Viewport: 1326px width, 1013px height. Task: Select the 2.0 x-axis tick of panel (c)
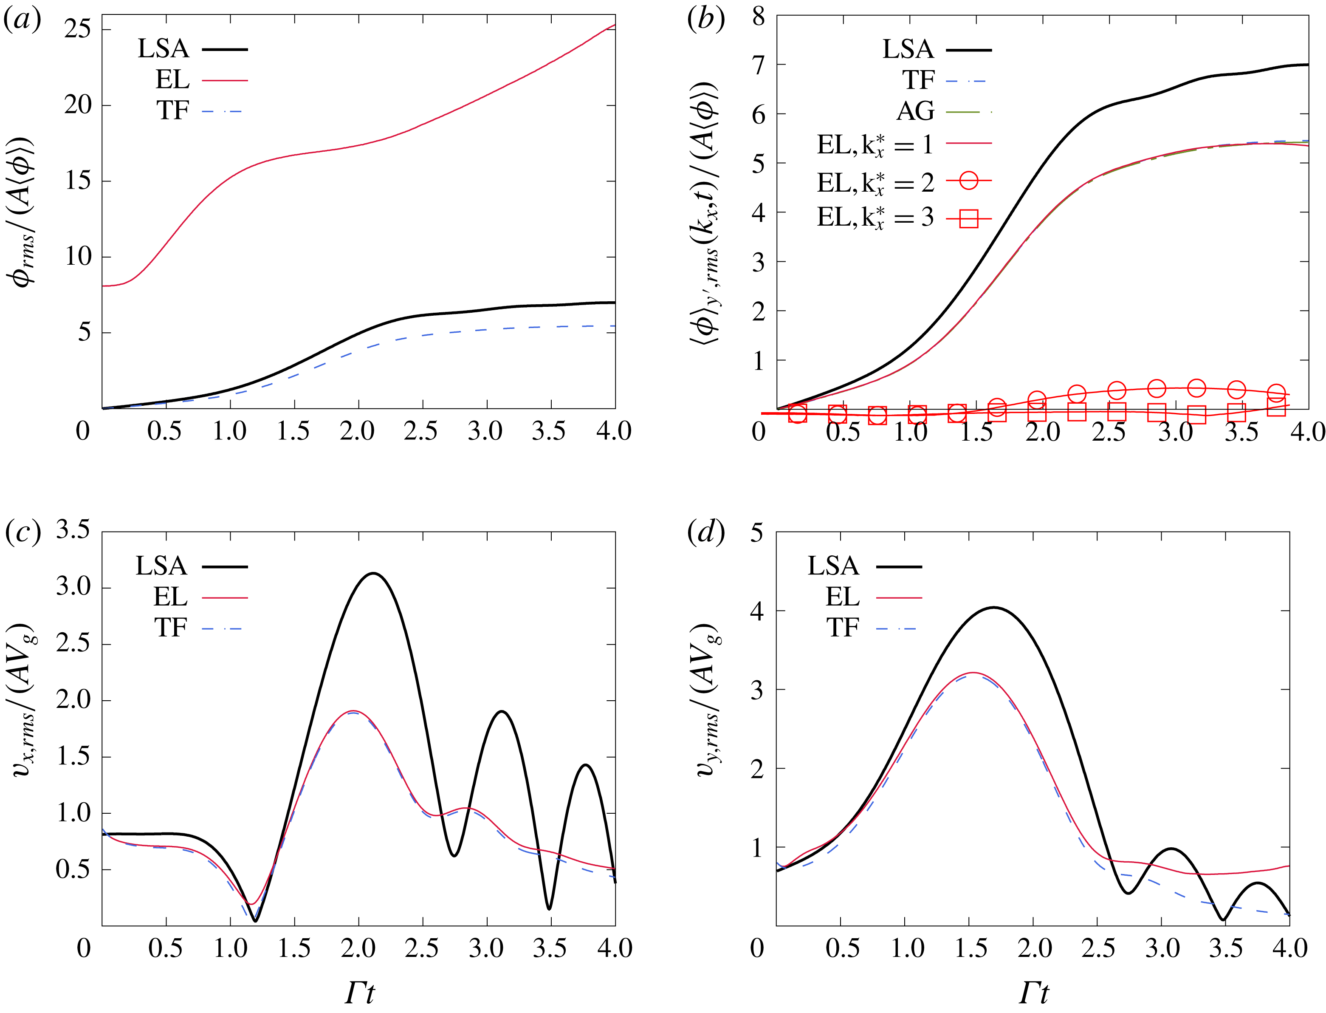(x=358, y=948)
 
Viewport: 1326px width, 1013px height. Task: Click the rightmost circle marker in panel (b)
(x=1276, y=393)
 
